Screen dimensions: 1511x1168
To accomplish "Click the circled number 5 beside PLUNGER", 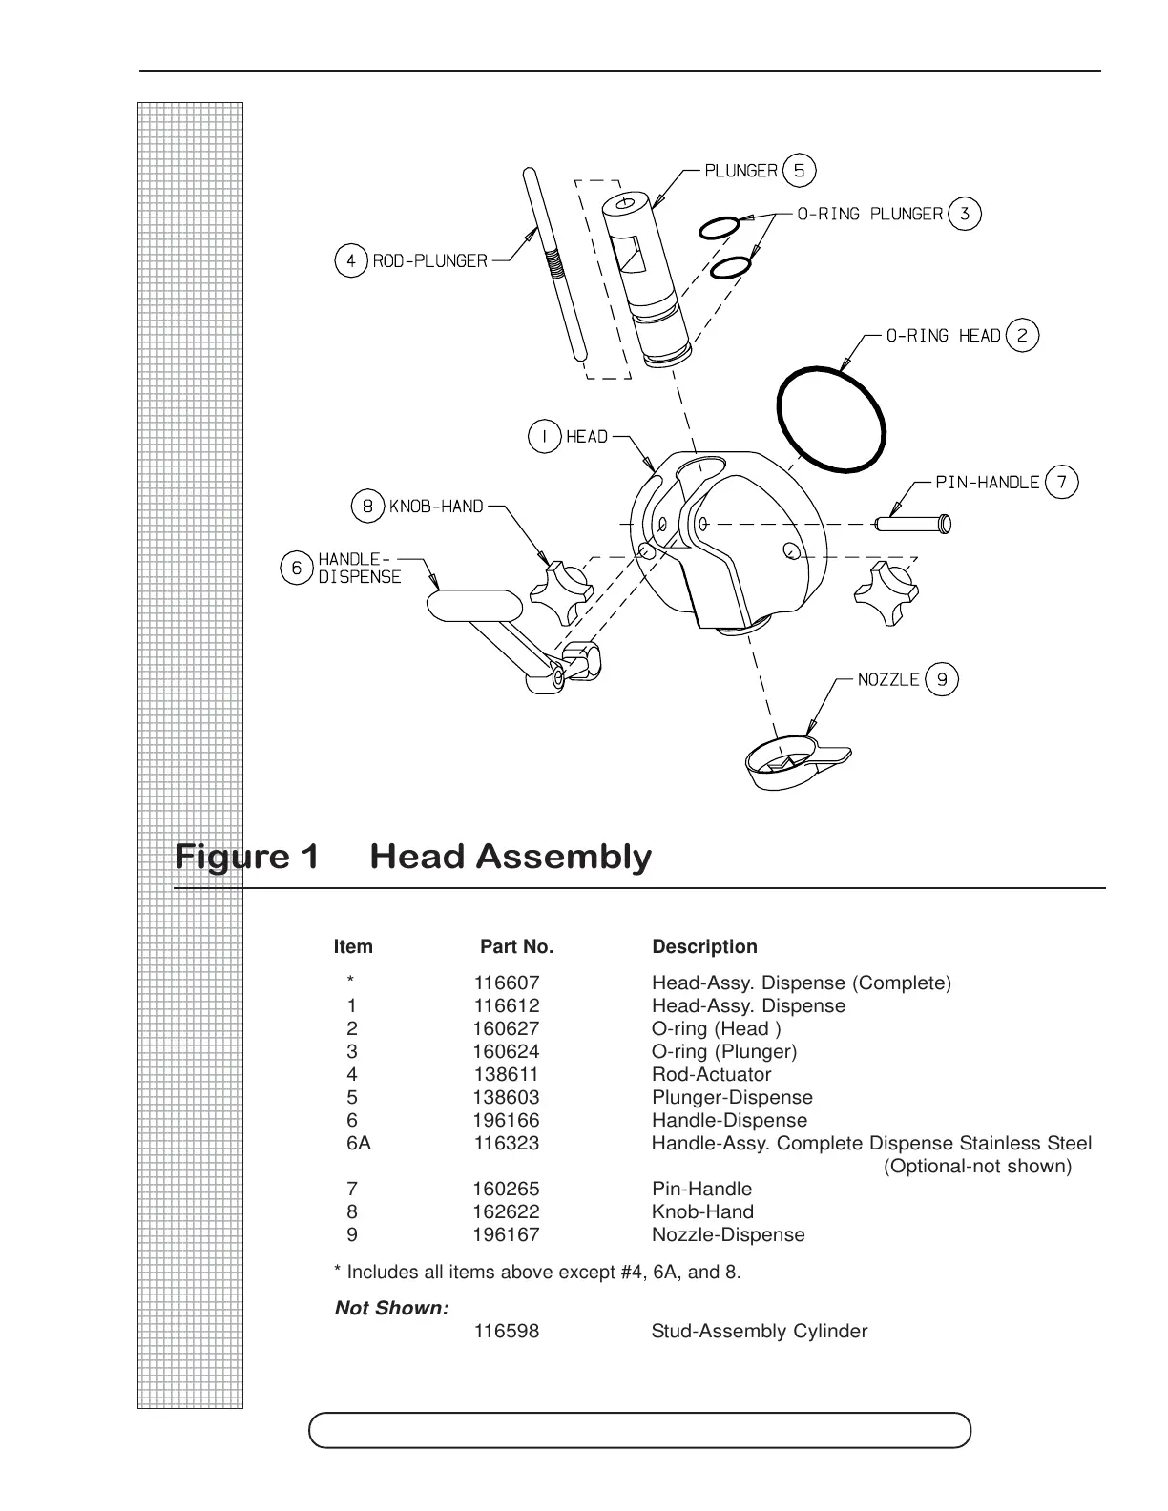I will click(x=799, y=171).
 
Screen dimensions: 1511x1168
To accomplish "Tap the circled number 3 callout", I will click(x=964, y=214).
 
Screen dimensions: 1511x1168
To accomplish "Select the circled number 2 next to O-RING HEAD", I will click(x=1022, y=335).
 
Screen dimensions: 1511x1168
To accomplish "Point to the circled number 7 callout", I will click(x=1062, y=482).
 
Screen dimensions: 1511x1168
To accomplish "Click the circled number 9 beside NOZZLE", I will click(x=942, y=679).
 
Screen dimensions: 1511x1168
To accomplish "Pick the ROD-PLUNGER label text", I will click(x=429, y=260).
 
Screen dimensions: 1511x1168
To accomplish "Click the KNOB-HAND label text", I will click(x=436, y=507).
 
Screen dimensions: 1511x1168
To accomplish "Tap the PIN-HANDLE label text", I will click(x=987, y=482).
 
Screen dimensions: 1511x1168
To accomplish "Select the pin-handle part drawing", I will click(x=913, y=523).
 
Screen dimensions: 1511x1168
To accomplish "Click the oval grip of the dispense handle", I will click(x=474, y=605).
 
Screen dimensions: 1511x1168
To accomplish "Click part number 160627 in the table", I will click(x=506, y=1028).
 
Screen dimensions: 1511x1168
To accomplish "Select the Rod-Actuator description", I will click(x=711, y=1074).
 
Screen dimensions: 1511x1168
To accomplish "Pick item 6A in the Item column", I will click(x=358, y=1143).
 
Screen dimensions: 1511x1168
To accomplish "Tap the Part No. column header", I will click(x=516, y=947).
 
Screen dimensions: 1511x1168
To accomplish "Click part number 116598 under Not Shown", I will click(x=506, y=1331).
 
